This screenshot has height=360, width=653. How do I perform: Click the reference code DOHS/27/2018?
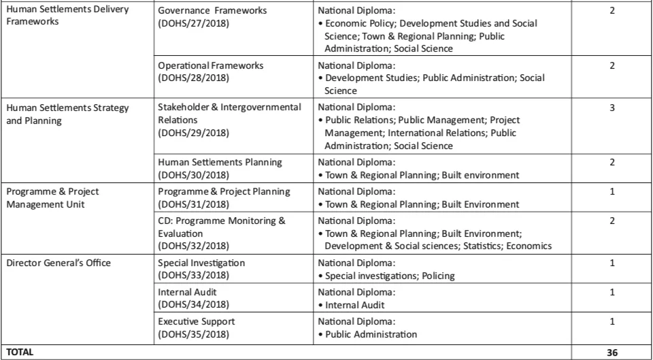[193, 22]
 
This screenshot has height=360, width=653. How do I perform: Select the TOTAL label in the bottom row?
[21, 353]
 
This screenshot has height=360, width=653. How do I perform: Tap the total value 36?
[612, 353]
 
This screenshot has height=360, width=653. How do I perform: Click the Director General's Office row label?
[60, 263]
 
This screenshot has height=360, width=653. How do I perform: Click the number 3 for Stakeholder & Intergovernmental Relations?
[612, 108]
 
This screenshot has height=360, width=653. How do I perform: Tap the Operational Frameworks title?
[210, 65]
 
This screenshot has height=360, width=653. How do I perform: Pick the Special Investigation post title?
[201, 263]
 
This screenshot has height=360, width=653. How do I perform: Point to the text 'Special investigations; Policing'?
[390, 276]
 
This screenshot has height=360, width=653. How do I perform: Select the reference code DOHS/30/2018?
[193, 175]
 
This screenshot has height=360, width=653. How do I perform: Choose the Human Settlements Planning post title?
[220, 162]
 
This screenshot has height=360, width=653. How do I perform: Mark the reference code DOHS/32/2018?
[193, 246]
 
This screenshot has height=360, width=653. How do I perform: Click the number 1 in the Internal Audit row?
[612, 292]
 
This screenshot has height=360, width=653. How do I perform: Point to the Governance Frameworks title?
[212, 10]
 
